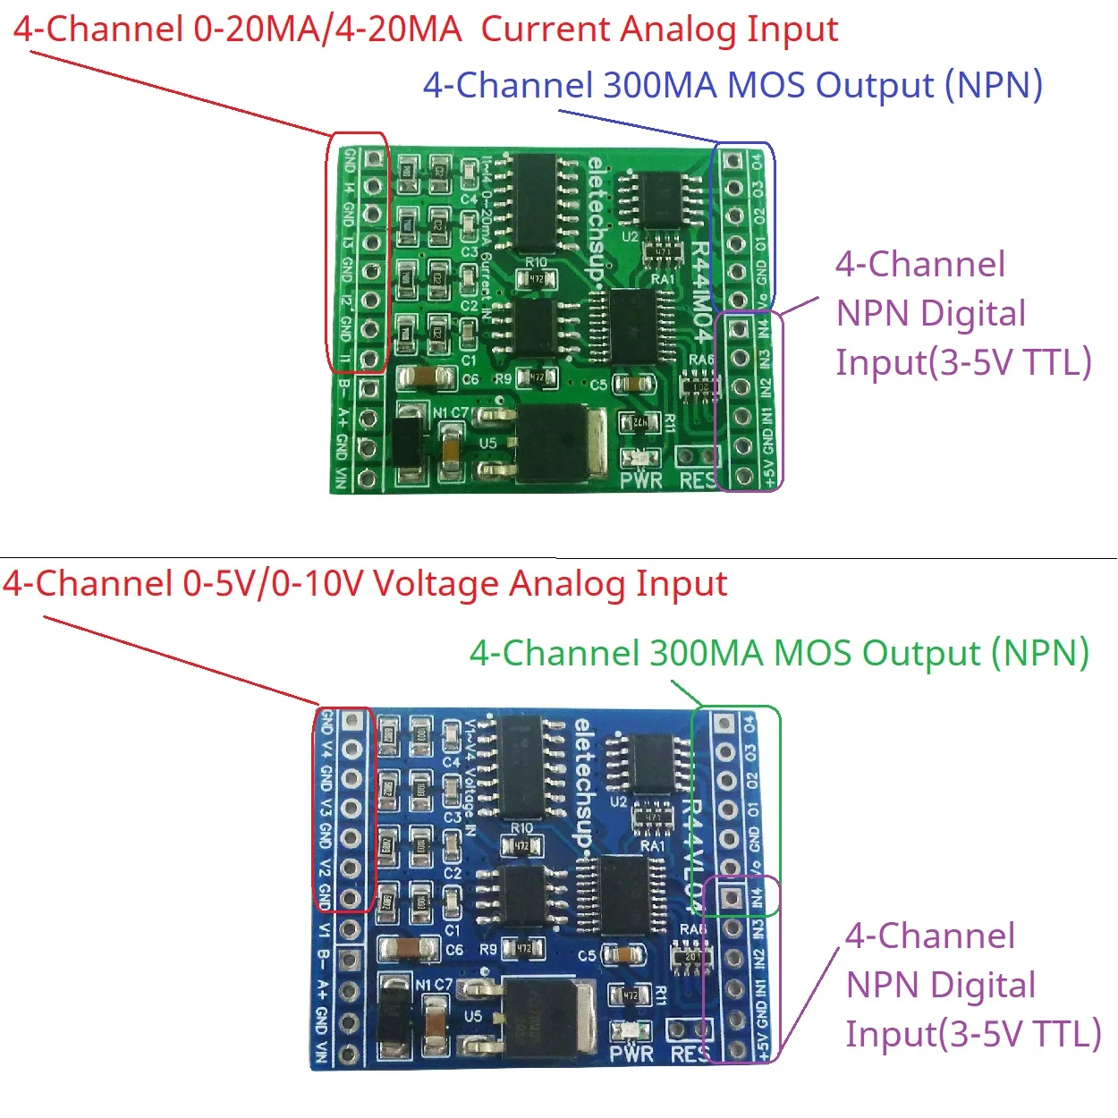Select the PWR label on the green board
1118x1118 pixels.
[x=640, y=480]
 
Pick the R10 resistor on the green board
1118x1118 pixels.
[x=536, y=279]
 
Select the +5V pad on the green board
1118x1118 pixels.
[x=740, y=474]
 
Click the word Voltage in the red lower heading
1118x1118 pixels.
[x=436, y=584]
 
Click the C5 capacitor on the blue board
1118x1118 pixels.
[x=621, y=954]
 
